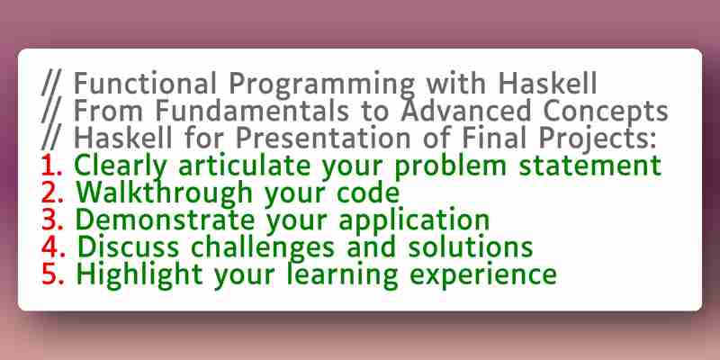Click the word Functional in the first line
point(145,83)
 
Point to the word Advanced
point(466,111)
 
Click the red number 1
point(51,166)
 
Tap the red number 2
point(52,193)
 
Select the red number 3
point(52,220)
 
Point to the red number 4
point(53,247)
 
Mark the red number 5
point(52,274)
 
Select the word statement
point(590,166)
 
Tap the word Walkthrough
point(165,193)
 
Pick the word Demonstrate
point(166,220)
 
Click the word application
point(415,220)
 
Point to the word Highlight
point(139,275)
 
